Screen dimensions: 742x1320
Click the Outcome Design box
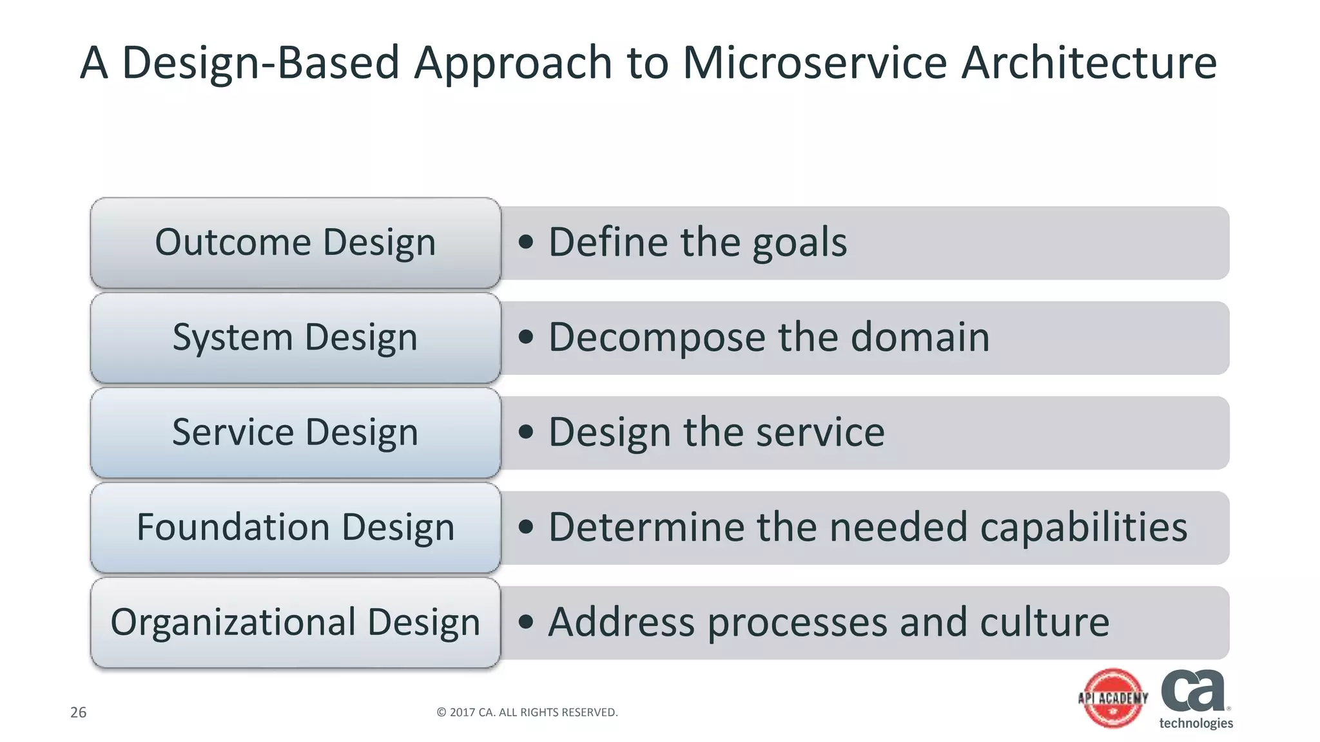295,243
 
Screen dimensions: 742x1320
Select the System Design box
295,338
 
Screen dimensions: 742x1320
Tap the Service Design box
295,433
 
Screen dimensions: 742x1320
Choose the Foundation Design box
295,528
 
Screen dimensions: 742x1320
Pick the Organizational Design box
295,622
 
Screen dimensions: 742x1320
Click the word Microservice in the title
815,63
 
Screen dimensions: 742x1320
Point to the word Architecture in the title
1089,63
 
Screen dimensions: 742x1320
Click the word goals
799,243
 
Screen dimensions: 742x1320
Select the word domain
920,338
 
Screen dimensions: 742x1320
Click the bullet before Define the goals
526,242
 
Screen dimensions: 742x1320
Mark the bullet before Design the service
526,432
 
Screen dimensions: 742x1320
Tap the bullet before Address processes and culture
526,622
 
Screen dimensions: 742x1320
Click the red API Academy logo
1113,698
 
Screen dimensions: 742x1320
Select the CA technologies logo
1195,698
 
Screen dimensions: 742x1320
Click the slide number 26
78,712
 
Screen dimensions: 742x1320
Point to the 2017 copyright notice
527,712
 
